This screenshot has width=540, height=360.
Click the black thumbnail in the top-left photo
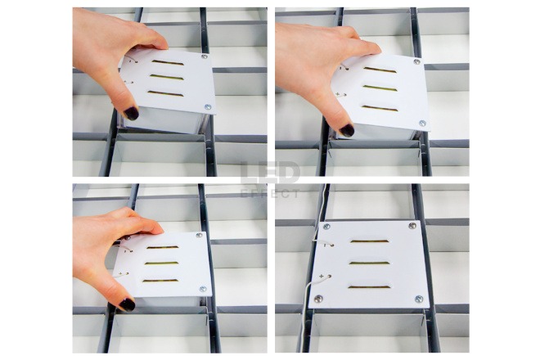coord(131,113)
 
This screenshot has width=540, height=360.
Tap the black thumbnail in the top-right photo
coord(347,130)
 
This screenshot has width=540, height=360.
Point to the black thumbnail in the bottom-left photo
coord(127,304)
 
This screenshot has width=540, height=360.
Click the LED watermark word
coord(270,173)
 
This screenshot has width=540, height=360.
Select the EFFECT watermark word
coord(270,194)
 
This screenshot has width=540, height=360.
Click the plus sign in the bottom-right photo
coord(322,276)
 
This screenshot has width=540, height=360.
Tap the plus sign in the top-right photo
coord(337,94)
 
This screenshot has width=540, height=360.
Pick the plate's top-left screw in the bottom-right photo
coord(326,227)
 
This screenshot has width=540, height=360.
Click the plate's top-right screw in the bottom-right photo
coord(412,226)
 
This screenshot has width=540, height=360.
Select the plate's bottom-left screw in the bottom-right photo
coord(318,299)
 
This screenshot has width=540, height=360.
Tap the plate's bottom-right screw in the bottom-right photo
coord(419,299)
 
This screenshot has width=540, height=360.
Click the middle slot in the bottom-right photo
coord(369,263)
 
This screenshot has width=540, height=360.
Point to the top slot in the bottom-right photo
coord(370,241)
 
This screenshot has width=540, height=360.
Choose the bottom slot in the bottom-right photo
coord(369,286)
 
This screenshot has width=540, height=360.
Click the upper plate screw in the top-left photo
coord(205,56)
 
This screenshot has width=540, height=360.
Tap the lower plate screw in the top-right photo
coord(422,123)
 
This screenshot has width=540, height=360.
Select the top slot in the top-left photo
coord(168,62)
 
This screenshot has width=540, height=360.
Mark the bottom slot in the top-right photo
coord(380,109)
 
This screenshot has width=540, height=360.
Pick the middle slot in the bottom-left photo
coord(161,263)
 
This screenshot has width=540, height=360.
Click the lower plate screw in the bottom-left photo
coord(203,289)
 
